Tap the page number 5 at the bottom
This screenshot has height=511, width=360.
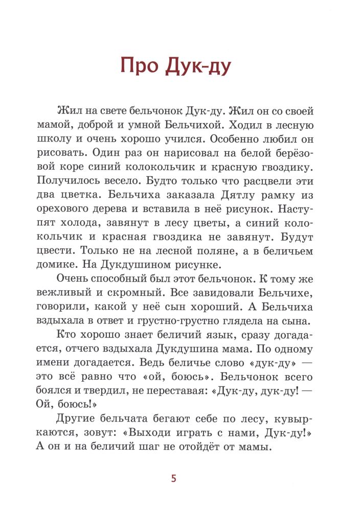point(174,478)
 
